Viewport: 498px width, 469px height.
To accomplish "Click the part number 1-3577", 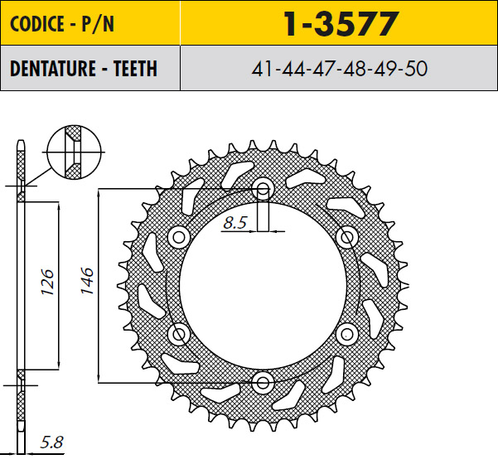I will tap(340, 25).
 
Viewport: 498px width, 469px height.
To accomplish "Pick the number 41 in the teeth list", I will tap(265, 69).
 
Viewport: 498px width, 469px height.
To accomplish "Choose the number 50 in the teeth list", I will tap(414, 69).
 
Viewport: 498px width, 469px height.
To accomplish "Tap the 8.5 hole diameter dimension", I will tap(235, 222).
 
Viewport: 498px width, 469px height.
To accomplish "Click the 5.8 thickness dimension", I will tap(51, 443).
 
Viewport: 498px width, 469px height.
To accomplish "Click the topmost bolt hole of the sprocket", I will tap(263, 188).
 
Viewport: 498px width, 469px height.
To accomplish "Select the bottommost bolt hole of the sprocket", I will tap(264, 382).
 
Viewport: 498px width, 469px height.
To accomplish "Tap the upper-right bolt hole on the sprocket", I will tap(347, 237).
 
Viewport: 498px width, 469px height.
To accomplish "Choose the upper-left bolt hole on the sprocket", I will tap(178, 237).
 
